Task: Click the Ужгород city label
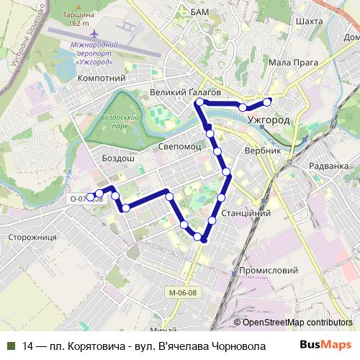268,120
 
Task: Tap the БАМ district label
199,12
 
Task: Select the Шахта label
309,22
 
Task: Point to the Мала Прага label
293,63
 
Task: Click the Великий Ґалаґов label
185,92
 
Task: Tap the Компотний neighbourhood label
101,78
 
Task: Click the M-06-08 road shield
184,292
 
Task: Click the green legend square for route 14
11,345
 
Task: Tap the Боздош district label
118,158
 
